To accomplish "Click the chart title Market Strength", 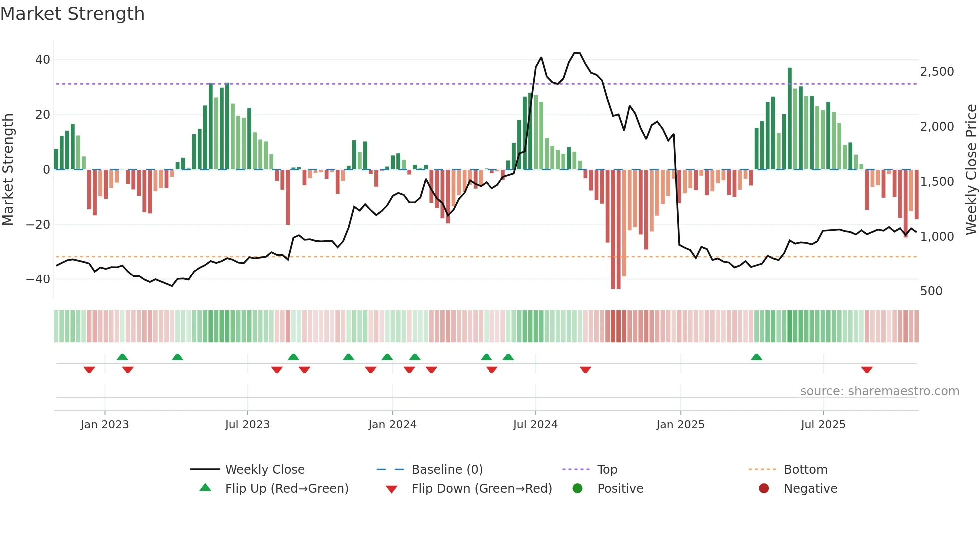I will (72, 14).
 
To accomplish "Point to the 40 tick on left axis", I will (43, 60).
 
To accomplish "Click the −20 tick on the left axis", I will (38, 225).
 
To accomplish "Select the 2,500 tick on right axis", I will (937, 72).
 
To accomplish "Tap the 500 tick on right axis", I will (931, 291).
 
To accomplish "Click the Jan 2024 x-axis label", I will (392, 425).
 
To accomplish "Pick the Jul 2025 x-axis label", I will (823, 425).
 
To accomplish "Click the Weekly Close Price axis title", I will (971, 170).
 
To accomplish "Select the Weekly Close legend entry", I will (264, 470).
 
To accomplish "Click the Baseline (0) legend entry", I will (447, 470).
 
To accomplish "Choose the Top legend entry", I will (607, 470).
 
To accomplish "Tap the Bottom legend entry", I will (805, 470).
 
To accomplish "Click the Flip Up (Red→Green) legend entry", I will (286, 489).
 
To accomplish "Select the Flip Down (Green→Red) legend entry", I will (482, 489).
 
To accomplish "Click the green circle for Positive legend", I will (578, 489).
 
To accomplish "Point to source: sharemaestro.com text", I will (879, 391).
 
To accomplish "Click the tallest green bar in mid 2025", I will (790, 119).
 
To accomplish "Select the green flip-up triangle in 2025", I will (756, 357).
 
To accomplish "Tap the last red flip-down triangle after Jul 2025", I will (867, 370).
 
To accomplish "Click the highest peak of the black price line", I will (576, 53).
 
